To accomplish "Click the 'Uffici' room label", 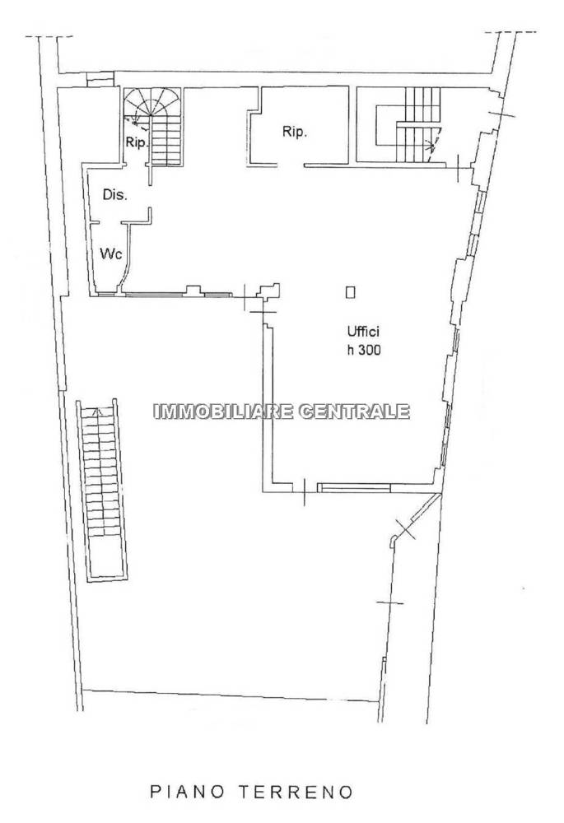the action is pyautogui.click(x=362, y=332).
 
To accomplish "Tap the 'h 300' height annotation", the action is pyautogui.click(x=363, y=351).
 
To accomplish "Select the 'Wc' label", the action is pyautogui.click(x=111, y=254).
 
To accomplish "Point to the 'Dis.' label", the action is pyautogui.click(x=115, y=195).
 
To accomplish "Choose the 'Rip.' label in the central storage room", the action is pyautogui.click(x=294, y=132).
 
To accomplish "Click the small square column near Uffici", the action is pyautogui.click(x=350, y=292).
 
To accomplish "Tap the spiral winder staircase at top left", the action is pyautogui.click(x=152, y=126).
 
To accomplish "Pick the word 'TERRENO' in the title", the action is pyautogui.click(x=298, y=792).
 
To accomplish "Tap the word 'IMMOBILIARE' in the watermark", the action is pyautogui.click(x=223, y=411).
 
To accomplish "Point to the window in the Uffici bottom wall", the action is pyautogui.click(x=355, y=488).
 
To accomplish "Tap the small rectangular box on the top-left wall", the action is pyautogui.click(x=100, y=78).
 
